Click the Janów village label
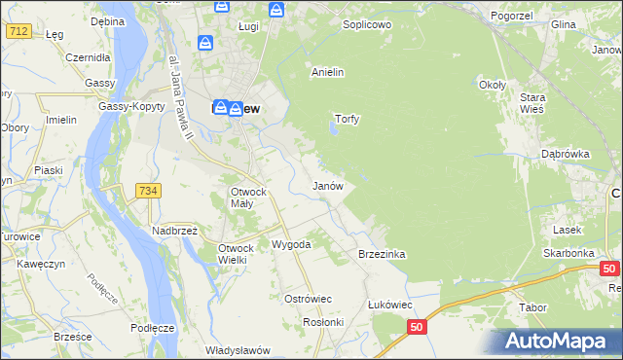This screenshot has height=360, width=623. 327,185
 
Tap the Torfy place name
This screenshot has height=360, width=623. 348,119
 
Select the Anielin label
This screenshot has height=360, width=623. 327,72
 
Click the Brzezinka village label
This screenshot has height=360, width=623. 382,254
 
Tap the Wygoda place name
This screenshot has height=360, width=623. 291,244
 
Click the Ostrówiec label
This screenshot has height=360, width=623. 308,299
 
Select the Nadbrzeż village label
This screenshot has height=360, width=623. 174,231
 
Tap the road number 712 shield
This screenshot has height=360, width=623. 17,31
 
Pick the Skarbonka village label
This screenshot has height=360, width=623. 569,253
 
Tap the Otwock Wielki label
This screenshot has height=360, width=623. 236,254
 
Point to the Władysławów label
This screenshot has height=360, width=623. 237,349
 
